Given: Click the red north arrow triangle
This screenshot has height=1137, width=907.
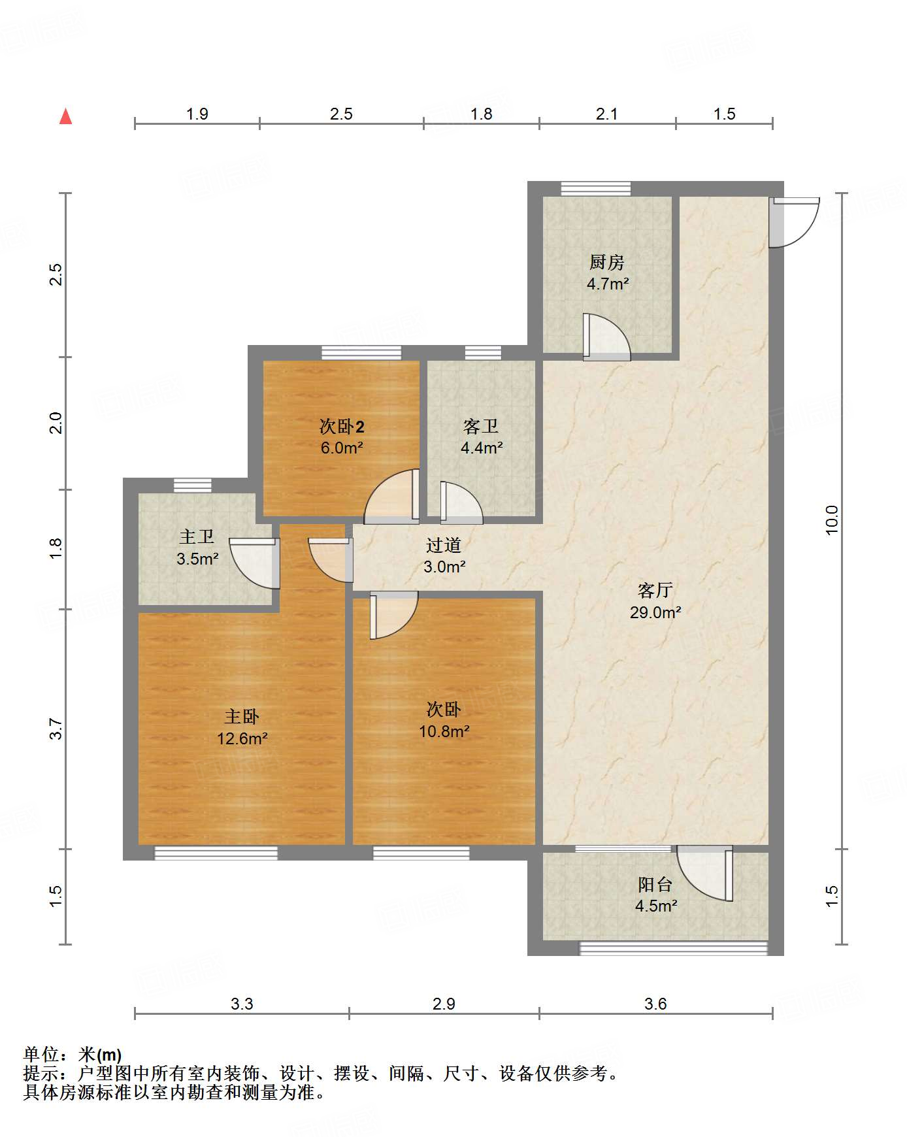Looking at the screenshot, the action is pos(65,116).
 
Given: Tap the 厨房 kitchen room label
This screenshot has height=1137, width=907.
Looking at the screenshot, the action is pos(607,263).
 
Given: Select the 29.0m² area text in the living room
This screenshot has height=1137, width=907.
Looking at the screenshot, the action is pos(655,612).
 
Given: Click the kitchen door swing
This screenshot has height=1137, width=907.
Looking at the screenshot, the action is pos(607,337).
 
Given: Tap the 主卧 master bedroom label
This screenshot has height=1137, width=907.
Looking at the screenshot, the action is pos(242,717).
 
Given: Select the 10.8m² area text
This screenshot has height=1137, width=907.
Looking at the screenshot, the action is pos(444,731).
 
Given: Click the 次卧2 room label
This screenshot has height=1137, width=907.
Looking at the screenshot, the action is pos(342,427).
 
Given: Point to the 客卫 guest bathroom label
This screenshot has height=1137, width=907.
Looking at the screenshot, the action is pos(482,427).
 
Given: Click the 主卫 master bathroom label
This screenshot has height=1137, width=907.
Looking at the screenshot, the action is pos(197,537).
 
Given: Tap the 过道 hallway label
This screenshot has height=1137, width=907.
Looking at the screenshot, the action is pos(444,545).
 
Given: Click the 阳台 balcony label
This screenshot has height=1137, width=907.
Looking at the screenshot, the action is pos(655,885).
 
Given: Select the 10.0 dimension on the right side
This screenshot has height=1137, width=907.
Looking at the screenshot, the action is pos(831,521).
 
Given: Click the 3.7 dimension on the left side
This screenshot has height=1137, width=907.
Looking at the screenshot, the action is pos(56,729).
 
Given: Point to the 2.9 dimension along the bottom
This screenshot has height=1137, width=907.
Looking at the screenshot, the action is pos(444,1004).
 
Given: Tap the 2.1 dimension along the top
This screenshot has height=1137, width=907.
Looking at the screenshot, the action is pos(607,114).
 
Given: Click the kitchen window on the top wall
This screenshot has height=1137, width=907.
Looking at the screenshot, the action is pos(596,189).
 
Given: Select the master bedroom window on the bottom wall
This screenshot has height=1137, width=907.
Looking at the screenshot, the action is pos(216,853).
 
